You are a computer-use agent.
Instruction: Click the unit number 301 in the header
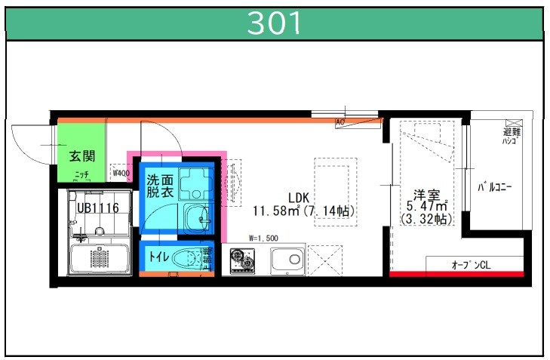275,23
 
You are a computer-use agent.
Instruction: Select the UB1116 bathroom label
97,207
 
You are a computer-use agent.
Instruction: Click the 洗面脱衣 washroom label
160,186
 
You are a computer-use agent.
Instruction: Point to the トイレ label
158,257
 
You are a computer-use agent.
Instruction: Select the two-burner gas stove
243,261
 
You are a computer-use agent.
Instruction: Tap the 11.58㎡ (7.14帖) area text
304,211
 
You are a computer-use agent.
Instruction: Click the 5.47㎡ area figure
428,205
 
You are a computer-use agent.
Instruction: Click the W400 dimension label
120,172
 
